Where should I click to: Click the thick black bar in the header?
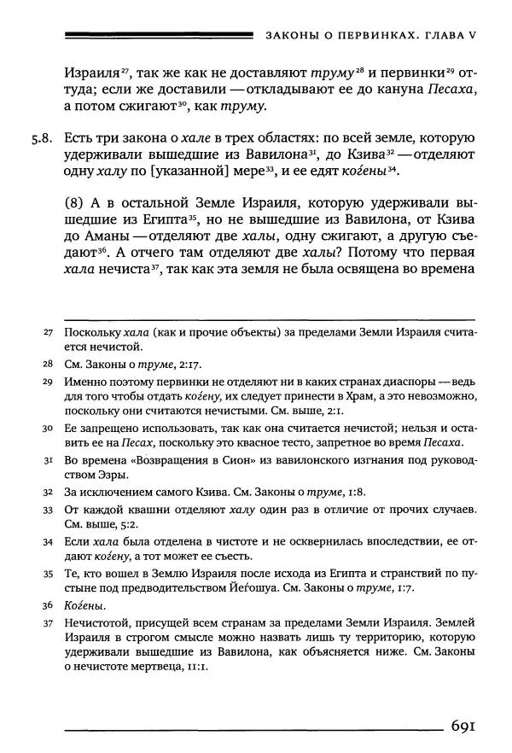pyautogui.click(x=159, y=35)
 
